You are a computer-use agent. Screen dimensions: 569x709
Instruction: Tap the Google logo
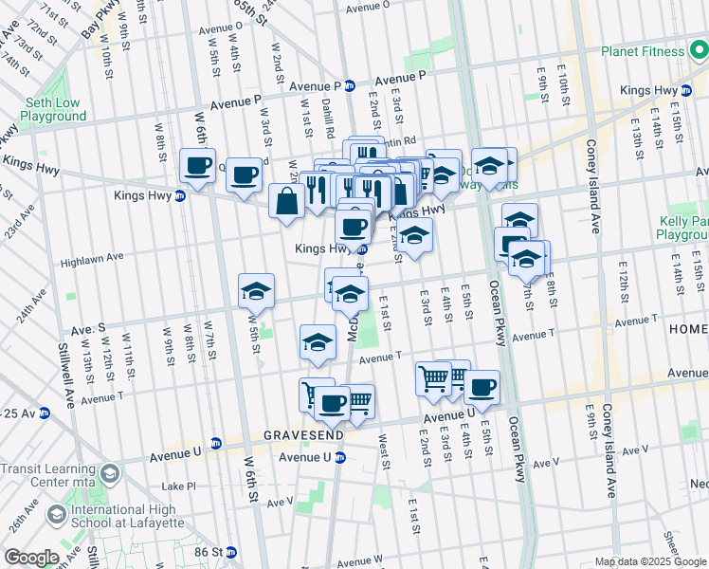click(x=31, y=558)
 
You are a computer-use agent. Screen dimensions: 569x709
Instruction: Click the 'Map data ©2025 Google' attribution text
click(x=649, y=561)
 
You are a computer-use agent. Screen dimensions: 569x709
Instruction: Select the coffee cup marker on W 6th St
click(x=198, y=168)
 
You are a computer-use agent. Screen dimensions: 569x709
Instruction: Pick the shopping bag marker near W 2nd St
click(x=286, y=201)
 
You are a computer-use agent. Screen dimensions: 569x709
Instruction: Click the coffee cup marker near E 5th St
click(x=482, y=388)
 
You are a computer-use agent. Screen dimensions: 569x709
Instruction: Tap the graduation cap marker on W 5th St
click(x=256, y=292)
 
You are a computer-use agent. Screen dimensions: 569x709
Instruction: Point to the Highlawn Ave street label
click(x=93, y=257)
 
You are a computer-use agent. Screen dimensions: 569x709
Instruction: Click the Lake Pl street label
click(x=177, y=486)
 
